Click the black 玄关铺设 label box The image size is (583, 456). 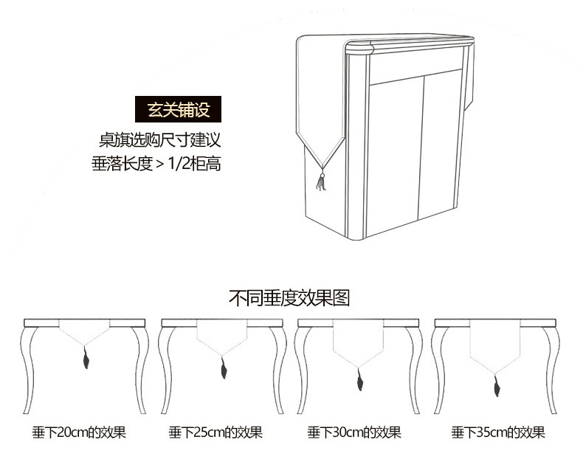click(x=179, y=110)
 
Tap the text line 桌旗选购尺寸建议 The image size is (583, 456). click(x=160, y=139)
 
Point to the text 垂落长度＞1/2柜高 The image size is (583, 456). click(x=156, y=163)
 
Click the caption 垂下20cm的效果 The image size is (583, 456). click(x=78, y=432)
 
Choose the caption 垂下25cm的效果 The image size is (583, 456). click(x=215, y=432)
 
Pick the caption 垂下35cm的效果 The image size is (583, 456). click(x=498, y=432)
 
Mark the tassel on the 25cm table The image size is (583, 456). click(x=222, y=367)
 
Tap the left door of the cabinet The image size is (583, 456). click(x=396, y=151)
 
